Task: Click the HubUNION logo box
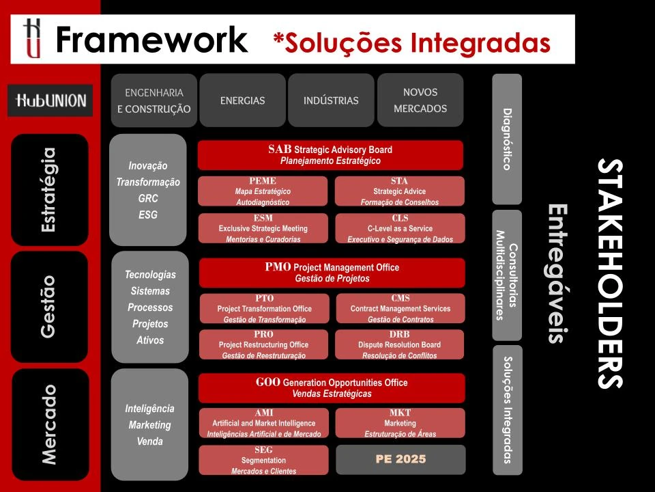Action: (x=50, y=100)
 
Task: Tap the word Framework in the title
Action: (x=151, y=40)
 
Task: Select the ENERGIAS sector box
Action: (x=242, y=100)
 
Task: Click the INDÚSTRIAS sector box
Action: (x=331, y=100)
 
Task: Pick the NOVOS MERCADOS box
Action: (x=420, y=100)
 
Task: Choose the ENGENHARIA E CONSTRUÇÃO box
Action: (x=154, y=100)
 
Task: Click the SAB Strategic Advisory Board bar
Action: (x=330, y=155)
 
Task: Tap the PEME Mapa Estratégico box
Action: (x=263, y=191)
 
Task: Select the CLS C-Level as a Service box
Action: (x=399, y=228)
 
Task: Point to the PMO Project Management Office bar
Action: (x=332, y=273)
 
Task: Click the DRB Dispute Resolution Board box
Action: (x=399, y=345)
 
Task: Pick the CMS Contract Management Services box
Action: (x=400, y=309)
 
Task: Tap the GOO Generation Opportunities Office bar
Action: (x=332, y=388)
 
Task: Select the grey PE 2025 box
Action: (x=401, y=460)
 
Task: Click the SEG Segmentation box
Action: (x=263, y=460)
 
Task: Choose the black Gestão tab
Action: (x=50, y=307)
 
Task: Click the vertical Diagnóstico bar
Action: (x=506, y=139)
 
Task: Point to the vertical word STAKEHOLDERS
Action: (x=609, y=273)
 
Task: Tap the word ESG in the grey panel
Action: (x=148, y=215)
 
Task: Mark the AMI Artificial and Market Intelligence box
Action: (x=263, y=423)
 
